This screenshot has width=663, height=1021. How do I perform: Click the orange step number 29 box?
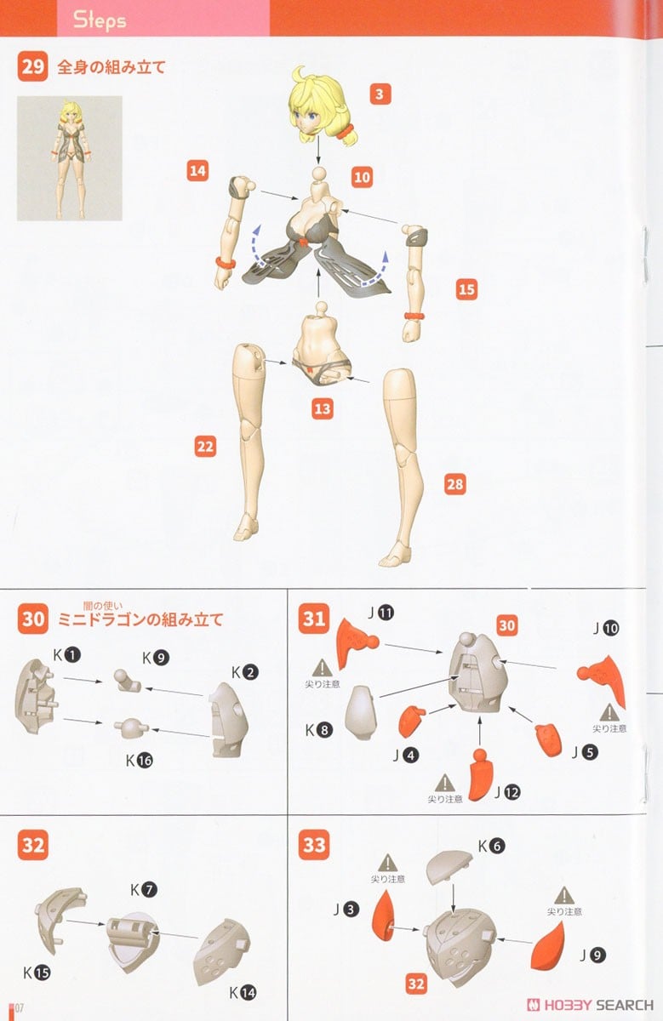click(32, 66)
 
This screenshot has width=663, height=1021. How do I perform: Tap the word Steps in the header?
click(100, 20)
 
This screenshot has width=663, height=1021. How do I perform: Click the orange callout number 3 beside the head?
click(380, 94)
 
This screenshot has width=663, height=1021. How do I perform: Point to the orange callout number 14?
click(198, 171)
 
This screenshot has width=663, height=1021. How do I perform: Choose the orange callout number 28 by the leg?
click(455, 484)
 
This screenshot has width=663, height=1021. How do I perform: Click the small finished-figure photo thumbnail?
click(70, 158)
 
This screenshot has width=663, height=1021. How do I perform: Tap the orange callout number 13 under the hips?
click(323, 409)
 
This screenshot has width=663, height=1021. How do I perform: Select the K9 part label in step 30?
click(156, 658)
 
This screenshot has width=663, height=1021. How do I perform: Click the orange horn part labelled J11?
click(355, 642)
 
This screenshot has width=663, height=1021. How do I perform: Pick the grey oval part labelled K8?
click(362, 713)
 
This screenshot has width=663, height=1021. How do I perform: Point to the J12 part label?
click(507, 793)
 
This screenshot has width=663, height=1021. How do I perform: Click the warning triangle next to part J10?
click(609, 713)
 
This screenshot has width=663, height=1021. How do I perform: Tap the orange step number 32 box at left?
click(33, 845)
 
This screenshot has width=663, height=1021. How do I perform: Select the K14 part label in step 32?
click(243, 992)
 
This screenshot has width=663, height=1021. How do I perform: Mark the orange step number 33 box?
click(314, 845)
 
